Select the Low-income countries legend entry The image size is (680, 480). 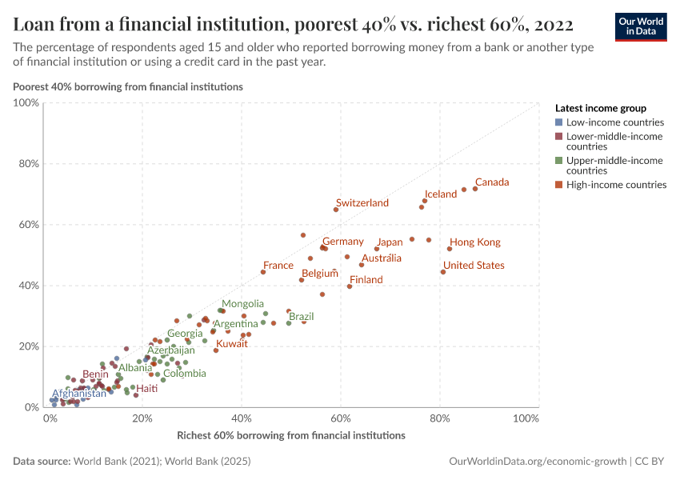(x=614, y=122)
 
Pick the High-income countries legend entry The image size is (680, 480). (x=616, y=185)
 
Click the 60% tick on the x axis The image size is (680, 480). (x=342, y=419)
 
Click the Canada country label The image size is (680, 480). (x=492, y=182)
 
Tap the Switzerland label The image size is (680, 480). (x=362, y=203)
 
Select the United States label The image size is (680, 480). (x=474, y=266)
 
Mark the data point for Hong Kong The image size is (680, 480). (x=450, y=249)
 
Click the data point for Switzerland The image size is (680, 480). (x=336, y=210)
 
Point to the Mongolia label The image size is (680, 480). (x=242, y=304)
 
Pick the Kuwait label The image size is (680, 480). (x=232, y=344)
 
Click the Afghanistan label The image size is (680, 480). (x=79, y=394)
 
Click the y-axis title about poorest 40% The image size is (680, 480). (x=128, y=86)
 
